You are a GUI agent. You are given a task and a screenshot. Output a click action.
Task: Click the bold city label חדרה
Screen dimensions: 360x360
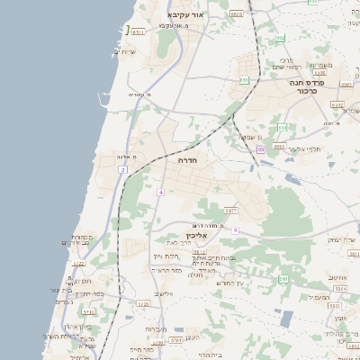[187, 159]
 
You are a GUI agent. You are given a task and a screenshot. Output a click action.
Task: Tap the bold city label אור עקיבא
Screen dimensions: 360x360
[187, 15]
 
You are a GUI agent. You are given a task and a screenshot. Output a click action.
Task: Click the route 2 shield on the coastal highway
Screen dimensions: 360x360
[122, 169]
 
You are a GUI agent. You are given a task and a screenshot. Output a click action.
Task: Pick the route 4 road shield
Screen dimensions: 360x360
[159, 192]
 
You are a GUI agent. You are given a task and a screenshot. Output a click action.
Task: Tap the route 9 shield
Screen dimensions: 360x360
[235, 230]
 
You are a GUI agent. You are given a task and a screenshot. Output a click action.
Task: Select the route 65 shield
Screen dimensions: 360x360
[260, 149]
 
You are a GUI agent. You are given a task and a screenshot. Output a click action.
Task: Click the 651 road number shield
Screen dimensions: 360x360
[244, 80]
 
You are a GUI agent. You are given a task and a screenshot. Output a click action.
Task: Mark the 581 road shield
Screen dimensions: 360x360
[283, 279]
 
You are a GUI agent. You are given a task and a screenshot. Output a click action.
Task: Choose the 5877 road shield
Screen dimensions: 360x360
[231, 210]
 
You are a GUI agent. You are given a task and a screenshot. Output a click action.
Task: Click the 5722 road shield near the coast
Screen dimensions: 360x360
[78, 264]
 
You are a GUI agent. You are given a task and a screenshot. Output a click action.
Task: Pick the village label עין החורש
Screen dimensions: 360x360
[230, 283]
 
